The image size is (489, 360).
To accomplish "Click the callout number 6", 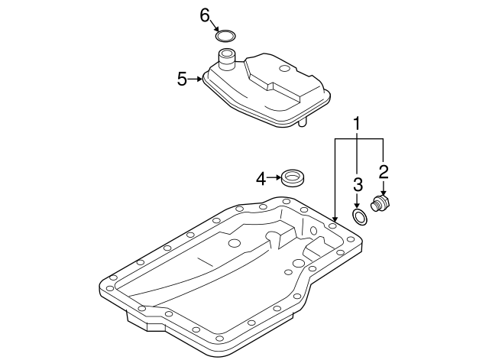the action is [x=205, y=15].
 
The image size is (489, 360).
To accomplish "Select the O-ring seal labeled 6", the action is [x=226, y=32].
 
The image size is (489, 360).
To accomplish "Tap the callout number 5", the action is [x=182, y=79].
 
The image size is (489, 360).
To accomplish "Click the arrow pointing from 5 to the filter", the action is [x=196, y=79].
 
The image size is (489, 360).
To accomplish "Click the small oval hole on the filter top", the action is [x=284, y=69].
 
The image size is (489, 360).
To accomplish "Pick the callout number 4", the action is [x=261, y=179].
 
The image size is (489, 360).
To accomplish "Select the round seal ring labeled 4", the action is [x=293, y=177].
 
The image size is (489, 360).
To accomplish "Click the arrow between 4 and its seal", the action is [x=275, y=177].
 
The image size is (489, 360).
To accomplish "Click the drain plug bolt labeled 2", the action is [x=381, y=204].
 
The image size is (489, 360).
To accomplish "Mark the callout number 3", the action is [x=358, y=185].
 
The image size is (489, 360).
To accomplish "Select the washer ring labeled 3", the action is [x=360, y=216].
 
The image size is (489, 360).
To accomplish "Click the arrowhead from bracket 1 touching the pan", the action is [x=335, y=219].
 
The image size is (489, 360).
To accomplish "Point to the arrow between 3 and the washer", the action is [x=357, y=201].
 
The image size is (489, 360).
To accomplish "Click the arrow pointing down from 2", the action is [x=384, y=188].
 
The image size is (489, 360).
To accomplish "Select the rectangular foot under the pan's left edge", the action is [x=147, y=321].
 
